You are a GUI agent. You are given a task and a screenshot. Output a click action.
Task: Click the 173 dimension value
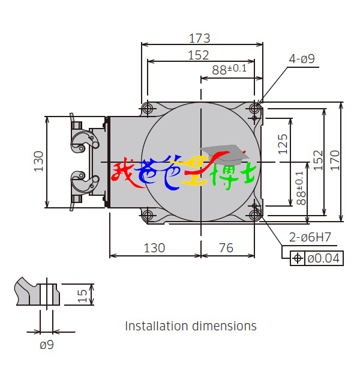tap(200, 38)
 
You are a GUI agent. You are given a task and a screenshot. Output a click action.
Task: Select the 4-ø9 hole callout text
tap(302, 59)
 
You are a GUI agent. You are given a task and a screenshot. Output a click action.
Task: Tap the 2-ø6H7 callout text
tap(310, 237)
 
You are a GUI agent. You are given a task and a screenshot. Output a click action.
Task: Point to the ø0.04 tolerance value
tap(323, 258)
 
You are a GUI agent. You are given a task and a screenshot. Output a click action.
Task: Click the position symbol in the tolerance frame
tap(298, 258)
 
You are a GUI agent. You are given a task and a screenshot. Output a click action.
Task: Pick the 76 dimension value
tap(226, 248)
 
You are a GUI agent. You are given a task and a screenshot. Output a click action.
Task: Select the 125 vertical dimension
tap(283, 144)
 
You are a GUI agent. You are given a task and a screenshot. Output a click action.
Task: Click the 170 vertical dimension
tap(335, 160)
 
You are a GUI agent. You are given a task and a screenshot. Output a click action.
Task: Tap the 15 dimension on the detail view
tap(82, 296)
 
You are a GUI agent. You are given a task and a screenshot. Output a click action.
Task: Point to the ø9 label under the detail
tap(47, 345)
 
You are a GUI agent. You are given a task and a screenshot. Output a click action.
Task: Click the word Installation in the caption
tap(157, 326)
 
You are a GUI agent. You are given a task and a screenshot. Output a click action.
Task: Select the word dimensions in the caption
tap(224, 326)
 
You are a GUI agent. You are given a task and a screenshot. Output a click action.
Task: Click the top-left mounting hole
tap(148, 108)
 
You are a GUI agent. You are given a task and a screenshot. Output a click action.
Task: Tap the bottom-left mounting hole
tap(148, 215)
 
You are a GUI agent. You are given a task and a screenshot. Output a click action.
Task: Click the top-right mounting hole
tap(254, 109)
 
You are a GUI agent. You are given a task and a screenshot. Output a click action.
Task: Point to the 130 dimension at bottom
tap(154, 248)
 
